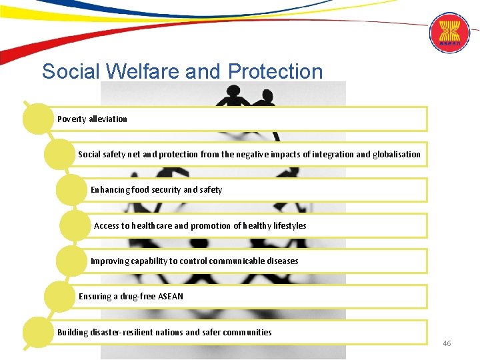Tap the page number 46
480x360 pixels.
tap(447, 343)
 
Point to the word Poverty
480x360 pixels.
tap(71, 119)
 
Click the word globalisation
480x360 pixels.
tap(397, 155)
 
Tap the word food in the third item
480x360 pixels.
tap(140, 190)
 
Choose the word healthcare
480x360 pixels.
tap(147, 226)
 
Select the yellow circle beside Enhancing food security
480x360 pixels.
tap(72, 190)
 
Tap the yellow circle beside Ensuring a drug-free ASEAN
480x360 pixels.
tap(60, 297)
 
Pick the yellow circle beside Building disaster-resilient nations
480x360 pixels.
tap(38, 332)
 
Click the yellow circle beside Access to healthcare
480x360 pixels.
tap(75, 225)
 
